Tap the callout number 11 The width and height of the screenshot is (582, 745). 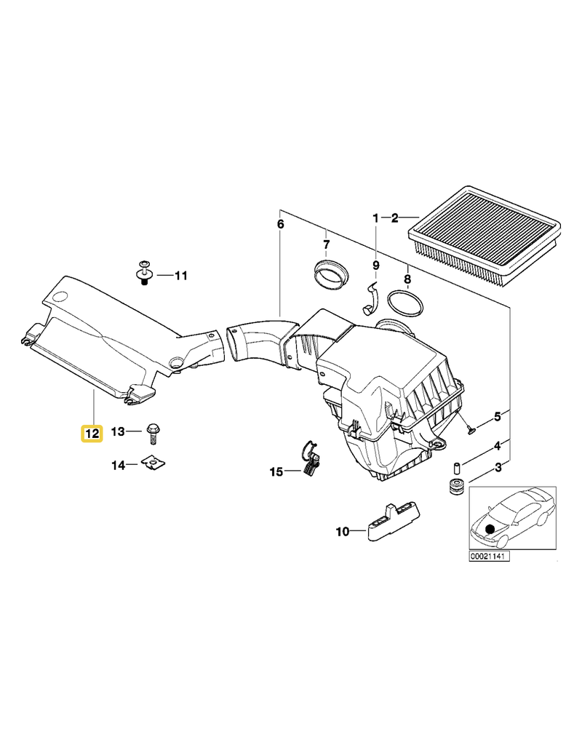click(x=180, y=276)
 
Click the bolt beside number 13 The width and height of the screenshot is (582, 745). click(x=154, y=433)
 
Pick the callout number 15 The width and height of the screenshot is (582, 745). click(x=276, y=472)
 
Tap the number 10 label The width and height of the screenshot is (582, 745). click(x=342, y=532)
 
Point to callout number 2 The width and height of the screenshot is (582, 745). click(x=394, y=218)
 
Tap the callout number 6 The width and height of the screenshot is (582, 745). click(x=281, y=224)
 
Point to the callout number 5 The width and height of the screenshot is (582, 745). click(x=498, y=416)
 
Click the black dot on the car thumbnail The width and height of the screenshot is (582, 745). click(x=490, y=530)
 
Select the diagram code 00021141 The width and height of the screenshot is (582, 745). click(x=489, y=557)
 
